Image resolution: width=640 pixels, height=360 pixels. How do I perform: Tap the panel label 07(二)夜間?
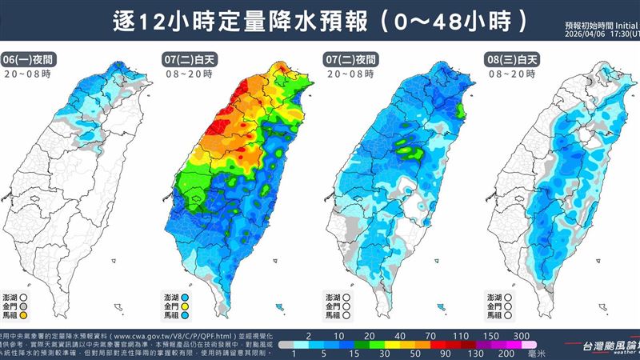[350, 60]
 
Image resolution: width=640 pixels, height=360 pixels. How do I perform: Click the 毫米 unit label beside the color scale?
[545, 353]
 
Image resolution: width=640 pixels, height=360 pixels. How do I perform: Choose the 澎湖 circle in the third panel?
[358, 295]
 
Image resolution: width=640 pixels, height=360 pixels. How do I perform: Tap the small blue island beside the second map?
[278, 306]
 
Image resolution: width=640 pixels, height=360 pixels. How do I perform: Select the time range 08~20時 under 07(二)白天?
[185, 74]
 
